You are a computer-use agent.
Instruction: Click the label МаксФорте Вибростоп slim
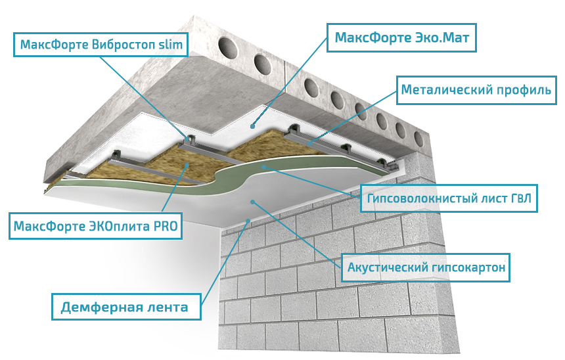click(x=102, y=44)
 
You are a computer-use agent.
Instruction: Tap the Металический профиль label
click(x=476, y=89)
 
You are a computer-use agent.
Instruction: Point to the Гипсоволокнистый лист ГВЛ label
click(x=449, y=197)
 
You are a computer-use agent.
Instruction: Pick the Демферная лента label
click(x=125, y=307)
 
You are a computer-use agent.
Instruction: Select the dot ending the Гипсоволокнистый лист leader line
click(x=263, y=168)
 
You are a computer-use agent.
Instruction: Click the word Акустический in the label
click(x=388, y=267)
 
